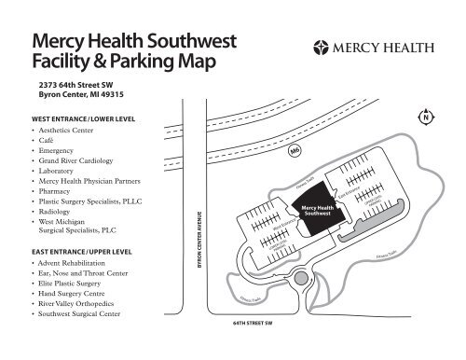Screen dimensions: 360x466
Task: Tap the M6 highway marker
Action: [295, 149]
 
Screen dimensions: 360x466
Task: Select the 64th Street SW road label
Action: [254, 331]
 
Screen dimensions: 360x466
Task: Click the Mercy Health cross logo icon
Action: [325, 46]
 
